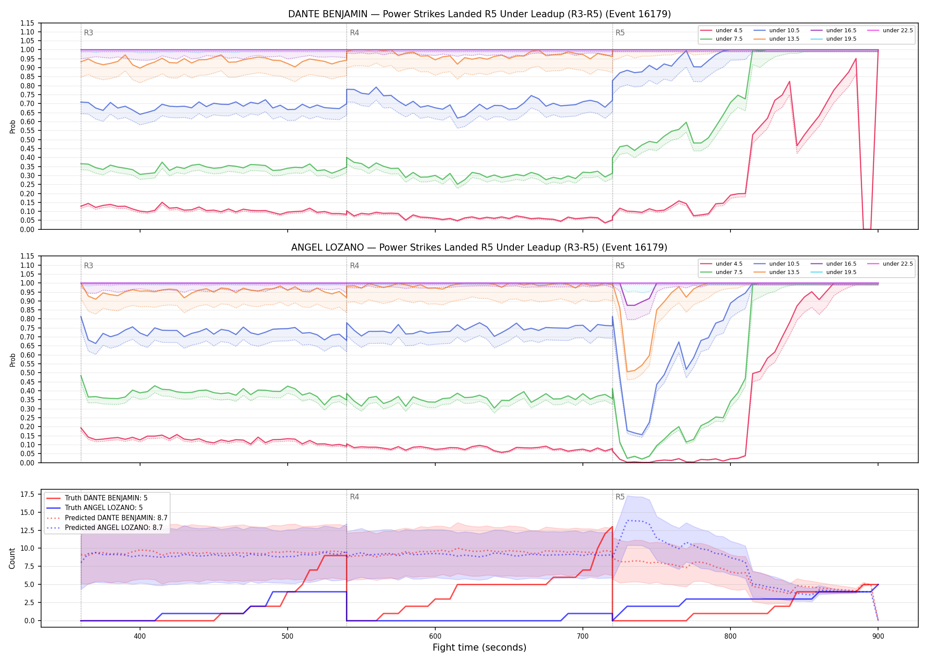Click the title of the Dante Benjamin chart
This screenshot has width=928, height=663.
[479, 14]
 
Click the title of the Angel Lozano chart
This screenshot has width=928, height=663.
[479, 248]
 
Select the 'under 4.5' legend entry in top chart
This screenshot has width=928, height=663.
[722, 30]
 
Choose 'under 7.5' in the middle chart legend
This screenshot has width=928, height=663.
[722, 272]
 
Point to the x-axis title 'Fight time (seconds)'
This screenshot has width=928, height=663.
[479, 648]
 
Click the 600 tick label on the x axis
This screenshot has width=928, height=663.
[435, 636]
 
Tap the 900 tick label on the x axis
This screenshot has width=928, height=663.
[878, 636]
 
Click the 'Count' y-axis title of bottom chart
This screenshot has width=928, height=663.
[12, 558]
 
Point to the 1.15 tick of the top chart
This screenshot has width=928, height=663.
[27, 23]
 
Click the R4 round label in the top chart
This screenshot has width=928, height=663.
[354, 33]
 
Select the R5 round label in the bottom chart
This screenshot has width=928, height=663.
[620, 497]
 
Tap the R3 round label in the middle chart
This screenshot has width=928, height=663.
[88, 266]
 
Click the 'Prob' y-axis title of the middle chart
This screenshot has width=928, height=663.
[12, 360]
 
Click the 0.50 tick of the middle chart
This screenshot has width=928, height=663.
[27, 373]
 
